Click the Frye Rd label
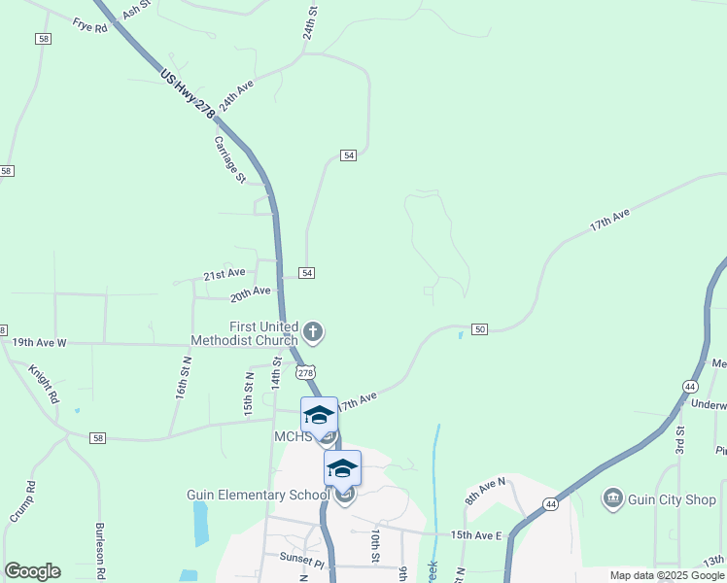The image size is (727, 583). tap(89, 26)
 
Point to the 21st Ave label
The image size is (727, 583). tap(224, 275)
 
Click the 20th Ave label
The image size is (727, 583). tap(250, 292)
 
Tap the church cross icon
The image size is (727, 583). tap(313, 333)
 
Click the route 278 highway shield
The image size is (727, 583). tap(305, 373)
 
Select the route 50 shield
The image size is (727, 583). tap(479, 330)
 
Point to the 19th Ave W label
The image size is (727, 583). tap(39, 343)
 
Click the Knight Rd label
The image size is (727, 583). tap(44, 385)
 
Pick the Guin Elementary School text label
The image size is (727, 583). tap(259, 495)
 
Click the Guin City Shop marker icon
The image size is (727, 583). tap(613, 499)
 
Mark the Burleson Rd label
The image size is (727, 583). tap(99, 550)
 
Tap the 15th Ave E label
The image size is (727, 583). tap(475, 535)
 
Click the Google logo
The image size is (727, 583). tap(32, 571)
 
